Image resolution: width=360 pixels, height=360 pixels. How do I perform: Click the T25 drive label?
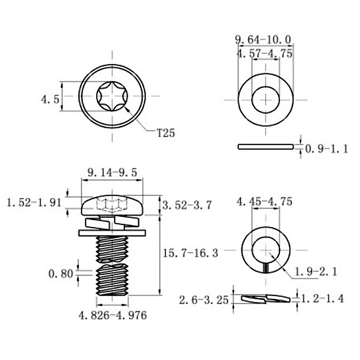[166, 133]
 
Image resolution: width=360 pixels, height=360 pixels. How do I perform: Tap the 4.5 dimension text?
[50, 99]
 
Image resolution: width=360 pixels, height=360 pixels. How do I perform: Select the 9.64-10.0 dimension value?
[264, 40]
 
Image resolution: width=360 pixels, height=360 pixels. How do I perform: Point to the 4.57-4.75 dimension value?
[265, 53]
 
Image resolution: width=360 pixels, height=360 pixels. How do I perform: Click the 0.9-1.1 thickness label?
[327, 149]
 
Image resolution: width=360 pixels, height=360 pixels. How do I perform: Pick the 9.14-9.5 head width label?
[112, 172]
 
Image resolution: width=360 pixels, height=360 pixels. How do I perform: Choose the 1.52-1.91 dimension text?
[34, 203]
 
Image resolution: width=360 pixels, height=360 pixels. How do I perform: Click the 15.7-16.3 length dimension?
[190, 253]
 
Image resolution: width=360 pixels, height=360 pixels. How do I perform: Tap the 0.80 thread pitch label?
[61, 273]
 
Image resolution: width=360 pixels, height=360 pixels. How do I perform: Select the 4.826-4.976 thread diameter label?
[112, 315]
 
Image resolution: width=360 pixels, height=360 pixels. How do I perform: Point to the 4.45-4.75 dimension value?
[265, 202]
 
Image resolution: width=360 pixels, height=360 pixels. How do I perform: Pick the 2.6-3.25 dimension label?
[203, 300]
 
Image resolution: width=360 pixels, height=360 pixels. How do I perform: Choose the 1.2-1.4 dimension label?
[322, 298]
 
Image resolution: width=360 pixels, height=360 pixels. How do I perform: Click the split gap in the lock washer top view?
[265, 268]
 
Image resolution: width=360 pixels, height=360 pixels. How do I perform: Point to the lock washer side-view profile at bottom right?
[265, 298]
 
